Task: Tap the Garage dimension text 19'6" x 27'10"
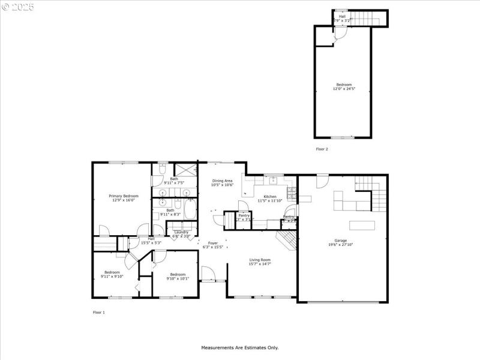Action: pyautogui.click(x=340, y=245)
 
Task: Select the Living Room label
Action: pyautogui.click(x=260, y=260)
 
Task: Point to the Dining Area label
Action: pyautogui.click(x=222, y=181)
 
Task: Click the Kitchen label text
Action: pyautogui.click(x=270, y=197)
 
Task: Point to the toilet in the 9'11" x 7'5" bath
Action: pyautogui.click(x=163, y=169)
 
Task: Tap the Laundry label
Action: pyautogui.click(x=181, y=232)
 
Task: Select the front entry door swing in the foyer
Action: pyautogui.click(x=209, y=275)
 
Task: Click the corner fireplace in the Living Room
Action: pyautogui.click(x=287, y=239)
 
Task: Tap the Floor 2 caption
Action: pyautogui.click(x=322, y=148)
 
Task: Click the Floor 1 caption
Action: pyautogui.click(x=98, y=313)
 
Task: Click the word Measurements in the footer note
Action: pyautogui.click(x=217, y=347)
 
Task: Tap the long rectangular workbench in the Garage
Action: pyautogui.click(x=362, y=226)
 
